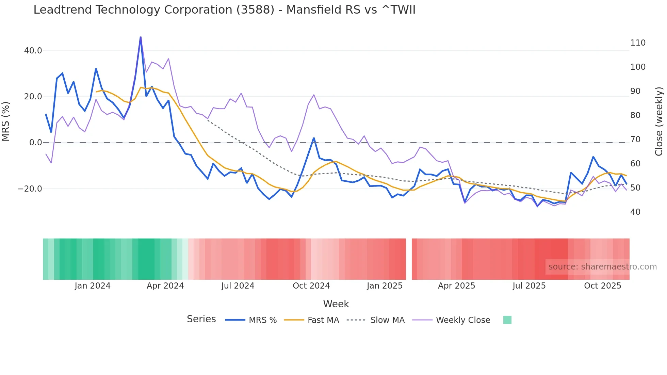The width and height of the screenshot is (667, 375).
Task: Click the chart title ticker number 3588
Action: [255, 10]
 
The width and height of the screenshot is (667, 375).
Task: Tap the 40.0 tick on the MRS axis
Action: [33, 51]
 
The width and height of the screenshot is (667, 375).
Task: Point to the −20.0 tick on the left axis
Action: [30, 189]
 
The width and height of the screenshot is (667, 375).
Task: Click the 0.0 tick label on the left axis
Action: [35, 143]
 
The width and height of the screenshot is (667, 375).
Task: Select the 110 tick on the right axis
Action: [638, 43]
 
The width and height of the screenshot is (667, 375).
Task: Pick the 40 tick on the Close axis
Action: [635, 212]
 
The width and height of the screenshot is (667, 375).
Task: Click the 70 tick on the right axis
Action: [635, 140]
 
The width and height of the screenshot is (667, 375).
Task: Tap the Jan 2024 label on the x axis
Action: [93, 286]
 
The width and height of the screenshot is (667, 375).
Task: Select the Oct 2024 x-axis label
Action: [311, 286]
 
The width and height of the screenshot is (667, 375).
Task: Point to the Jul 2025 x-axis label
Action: [529, 286]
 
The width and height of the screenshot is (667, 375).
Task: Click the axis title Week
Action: [336, 304]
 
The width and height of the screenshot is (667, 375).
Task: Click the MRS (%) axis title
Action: [6, 121]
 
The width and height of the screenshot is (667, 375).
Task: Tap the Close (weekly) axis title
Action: [659, 121]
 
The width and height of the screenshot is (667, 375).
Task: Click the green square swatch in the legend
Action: [507, 320]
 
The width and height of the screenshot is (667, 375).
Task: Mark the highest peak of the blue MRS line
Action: [141, 37]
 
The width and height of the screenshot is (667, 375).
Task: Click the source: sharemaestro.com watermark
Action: [602, 267]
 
